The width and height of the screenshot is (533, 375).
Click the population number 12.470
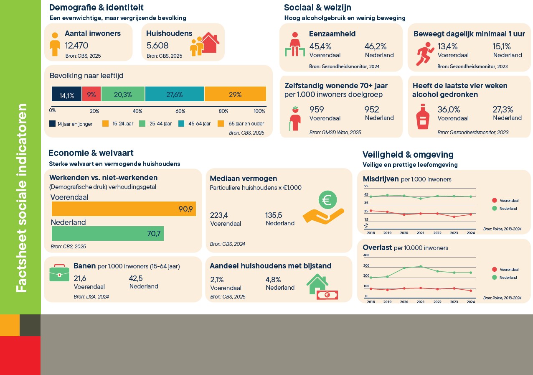click(76, 46)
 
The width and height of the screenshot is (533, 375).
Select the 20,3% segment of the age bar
click(123, 94)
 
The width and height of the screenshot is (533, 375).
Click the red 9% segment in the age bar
click(91, 94)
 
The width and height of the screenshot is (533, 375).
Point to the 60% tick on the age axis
click(180, 111)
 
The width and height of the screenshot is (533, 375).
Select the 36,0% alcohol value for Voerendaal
click(449, 110)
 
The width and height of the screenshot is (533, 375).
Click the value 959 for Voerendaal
click(317, 110)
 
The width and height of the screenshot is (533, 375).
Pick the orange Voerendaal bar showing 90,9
click(124, 209)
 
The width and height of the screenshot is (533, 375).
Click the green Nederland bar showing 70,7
click(108, 233)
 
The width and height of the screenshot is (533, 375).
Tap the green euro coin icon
click(327, 200)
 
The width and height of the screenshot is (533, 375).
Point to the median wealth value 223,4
click(219, 215)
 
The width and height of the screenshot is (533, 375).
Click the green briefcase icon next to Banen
click(59, 273)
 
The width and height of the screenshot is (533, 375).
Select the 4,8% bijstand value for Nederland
click(273, 280)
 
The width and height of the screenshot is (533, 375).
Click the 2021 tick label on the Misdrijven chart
click(421, 233)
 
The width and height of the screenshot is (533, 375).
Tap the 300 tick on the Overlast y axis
click(366, 265)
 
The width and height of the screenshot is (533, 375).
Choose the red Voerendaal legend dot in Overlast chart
click(495, 269)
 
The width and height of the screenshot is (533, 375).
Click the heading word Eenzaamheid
click(332, 34)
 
